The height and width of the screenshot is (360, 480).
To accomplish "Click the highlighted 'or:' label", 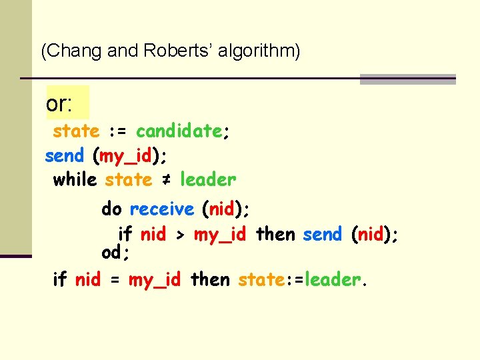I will [59, 103].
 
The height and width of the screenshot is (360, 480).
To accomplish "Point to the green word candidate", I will [179, 131].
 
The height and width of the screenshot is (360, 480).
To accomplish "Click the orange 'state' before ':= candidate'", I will [76, 131].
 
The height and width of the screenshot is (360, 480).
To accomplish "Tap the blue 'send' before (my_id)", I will [64, 156].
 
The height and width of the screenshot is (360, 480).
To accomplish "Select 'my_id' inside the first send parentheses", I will [126, 156].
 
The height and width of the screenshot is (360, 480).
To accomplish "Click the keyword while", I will [75, 180].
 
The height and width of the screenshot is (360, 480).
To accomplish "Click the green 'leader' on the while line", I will [208, 180].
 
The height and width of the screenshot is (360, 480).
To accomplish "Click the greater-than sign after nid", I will [180, 235].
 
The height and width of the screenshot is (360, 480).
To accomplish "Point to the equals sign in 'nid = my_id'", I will [114, 280].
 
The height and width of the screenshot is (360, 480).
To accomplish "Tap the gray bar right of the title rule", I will [407, 79].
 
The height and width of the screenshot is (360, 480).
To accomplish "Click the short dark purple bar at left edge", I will [15, 255].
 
